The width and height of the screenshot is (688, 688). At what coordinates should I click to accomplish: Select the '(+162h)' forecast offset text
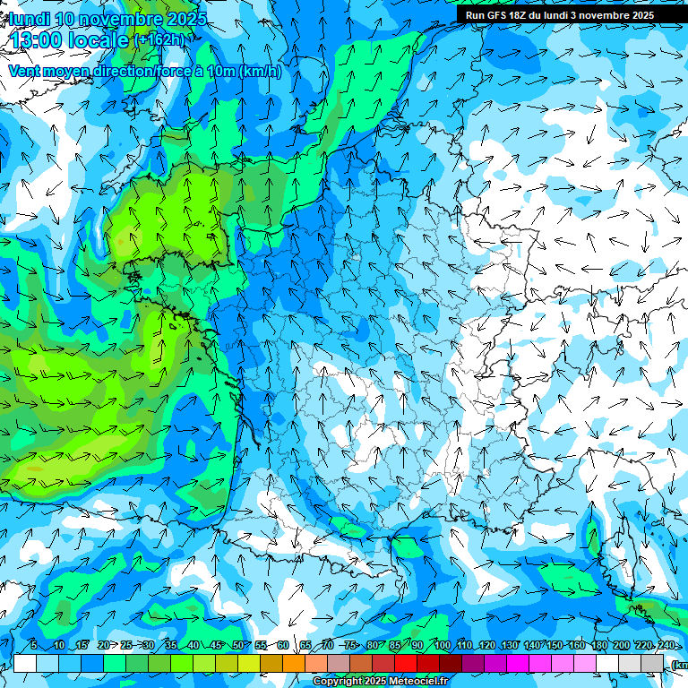point(162,39)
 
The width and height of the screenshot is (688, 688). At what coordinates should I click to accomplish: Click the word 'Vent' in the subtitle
point(25,71)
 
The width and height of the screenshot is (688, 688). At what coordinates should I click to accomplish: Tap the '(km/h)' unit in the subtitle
point(261,71)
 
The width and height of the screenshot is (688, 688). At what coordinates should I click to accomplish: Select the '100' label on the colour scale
point(443,646)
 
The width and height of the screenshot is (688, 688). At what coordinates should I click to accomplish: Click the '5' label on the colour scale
point(33,646)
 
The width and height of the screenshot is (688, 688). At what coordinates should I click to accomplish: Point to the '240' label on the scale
point(666,646)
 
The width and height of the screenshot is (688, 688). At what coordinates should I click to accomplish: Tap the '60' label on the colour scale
point(283,646)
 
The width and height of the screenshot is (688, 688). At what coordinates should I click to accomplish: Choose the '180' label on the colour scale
point(598,646)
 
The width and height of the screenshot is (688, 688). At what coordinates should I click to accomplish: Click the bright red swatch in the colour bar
point(406,663)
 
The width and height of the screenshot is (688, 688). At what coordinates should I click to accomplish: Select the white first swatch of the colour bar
point(25,663)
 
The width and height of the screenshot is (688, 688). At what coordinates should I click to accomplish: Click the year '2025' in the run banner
point(640,15)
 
